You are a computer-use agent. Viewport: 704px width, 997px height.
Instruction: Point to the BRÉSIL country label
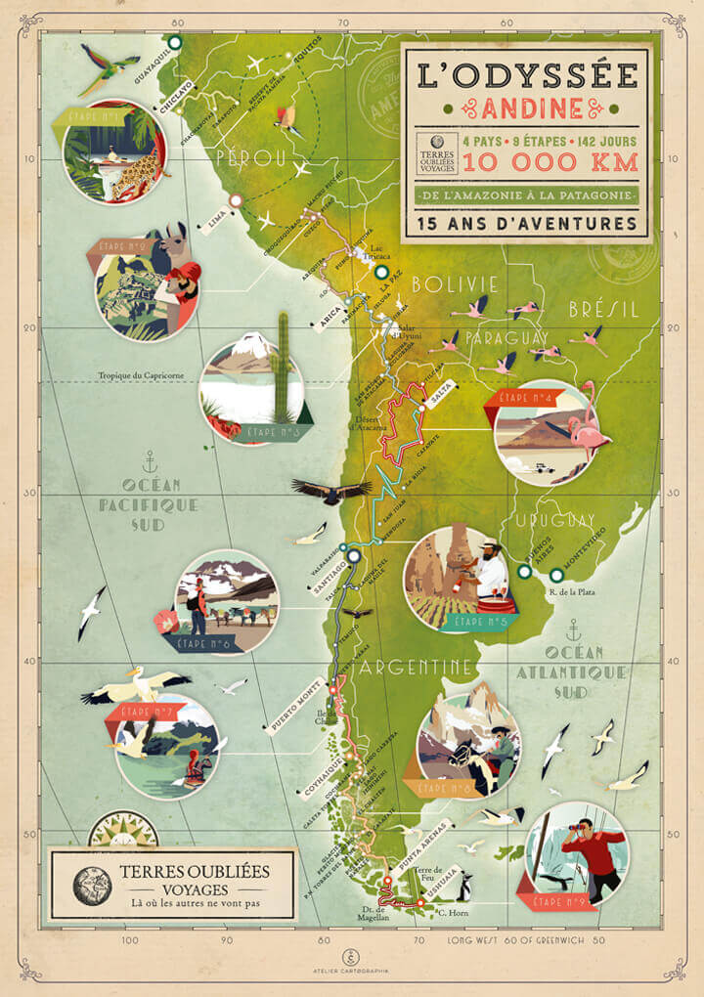[x=603, y=309]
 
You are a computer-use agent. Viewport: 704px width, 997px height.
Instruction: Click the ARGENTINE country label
[x=418, y=667]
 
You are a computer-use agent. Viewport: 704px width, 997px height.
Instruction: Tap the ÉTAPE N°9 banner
[x=553, y=900]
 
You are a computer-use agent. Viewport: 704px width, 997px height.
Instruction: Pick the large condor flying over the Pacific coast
[x=330, y=490]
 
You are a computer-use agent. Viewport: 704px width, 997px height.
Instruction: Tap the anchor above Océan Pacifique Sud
[x=150, y=459]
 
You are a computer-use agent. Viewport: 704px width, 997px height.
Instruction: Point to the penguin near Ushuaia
[x=465, y=887]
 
